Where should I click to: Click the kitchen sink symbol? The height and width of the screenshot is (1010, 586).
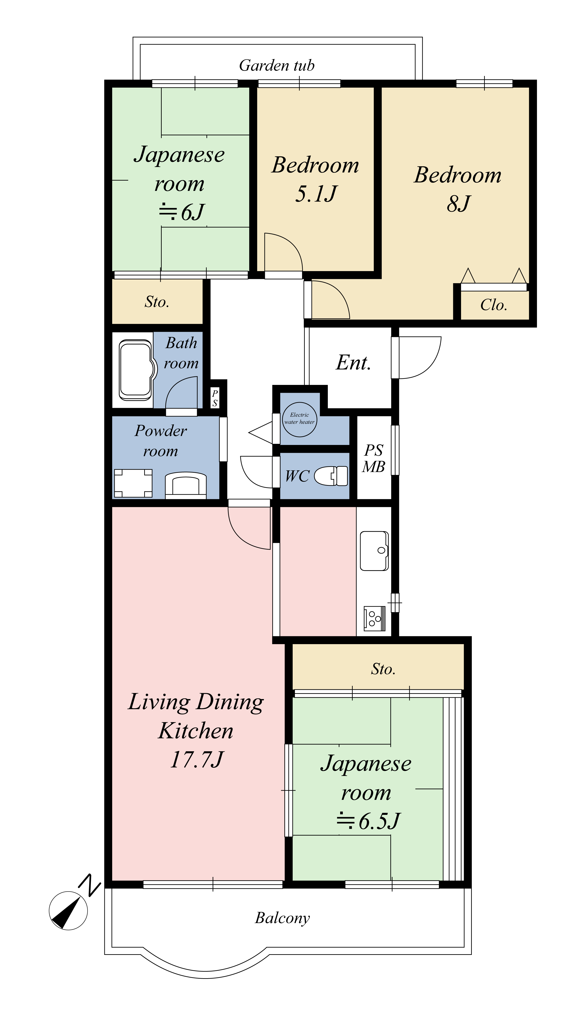(374, 551)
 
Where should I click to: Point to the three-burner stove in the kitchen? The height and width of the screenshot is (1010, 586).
(374, 618)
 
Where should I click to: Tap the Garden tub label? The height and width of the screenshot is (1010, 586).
(277, 65)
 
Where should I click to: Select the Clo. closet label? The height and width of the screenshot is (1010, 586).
(494, 305)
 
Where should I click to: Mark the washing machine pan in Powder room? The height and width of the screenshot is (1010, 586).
(133, 483)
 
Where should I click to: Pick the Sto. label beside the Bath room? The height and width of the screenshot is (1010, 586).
(157, 302)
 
